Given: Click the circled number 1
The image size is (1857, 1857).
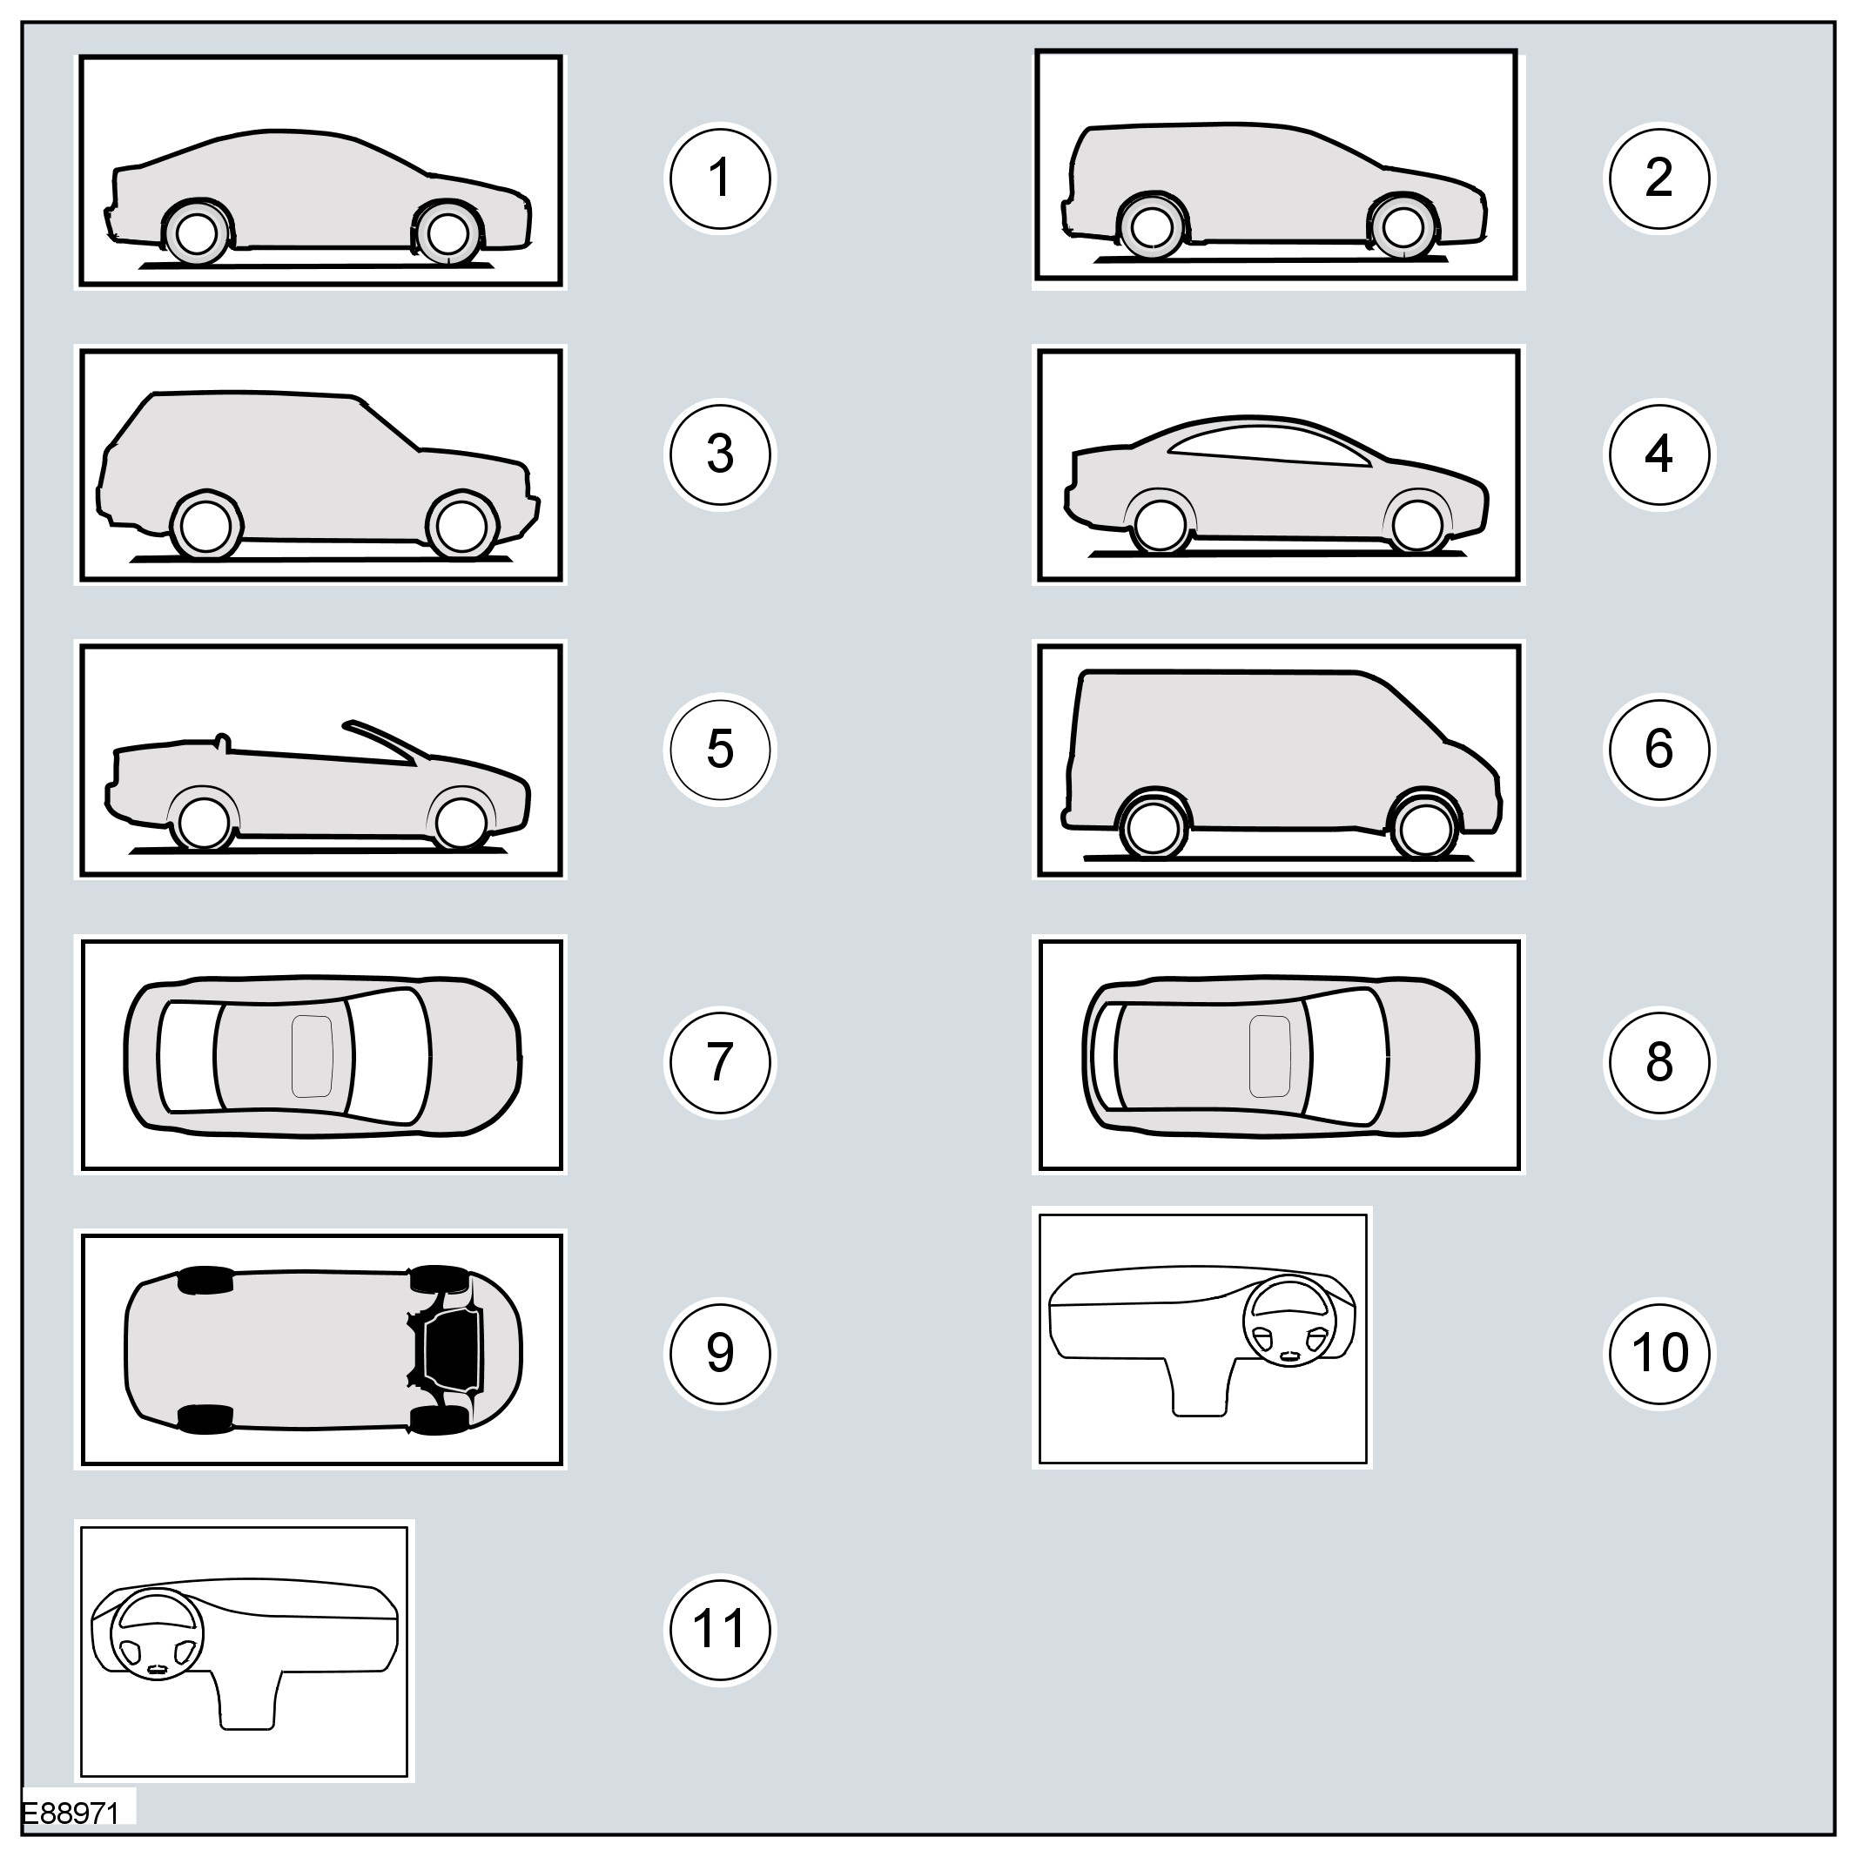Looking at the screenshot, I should [720, 178].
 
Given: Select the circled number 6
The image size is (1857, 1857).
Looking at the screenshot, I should [1659, 749].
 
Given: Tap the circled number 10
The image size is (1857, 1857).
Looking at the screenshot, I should [1659, 1352].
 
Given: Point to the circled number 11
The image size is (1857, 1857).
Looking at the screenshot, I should [720, 1628].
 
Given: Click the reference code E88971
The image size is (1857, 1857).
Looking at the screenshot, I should [71, 1813].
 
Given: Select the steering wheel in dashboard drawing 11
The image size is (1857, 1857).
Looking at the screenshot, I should [158, 1634].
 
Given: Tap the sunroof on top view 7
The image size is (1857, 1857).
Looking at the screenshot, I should [313, 1055].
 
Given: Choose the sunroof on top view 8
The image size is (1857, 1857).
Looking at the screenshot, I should [1268, 1055].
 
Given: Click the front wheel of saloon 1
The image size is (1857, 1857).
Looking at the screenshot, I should [447, 232].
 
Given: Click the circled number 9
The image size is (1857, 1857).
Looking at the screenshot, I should [720, 1352].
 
